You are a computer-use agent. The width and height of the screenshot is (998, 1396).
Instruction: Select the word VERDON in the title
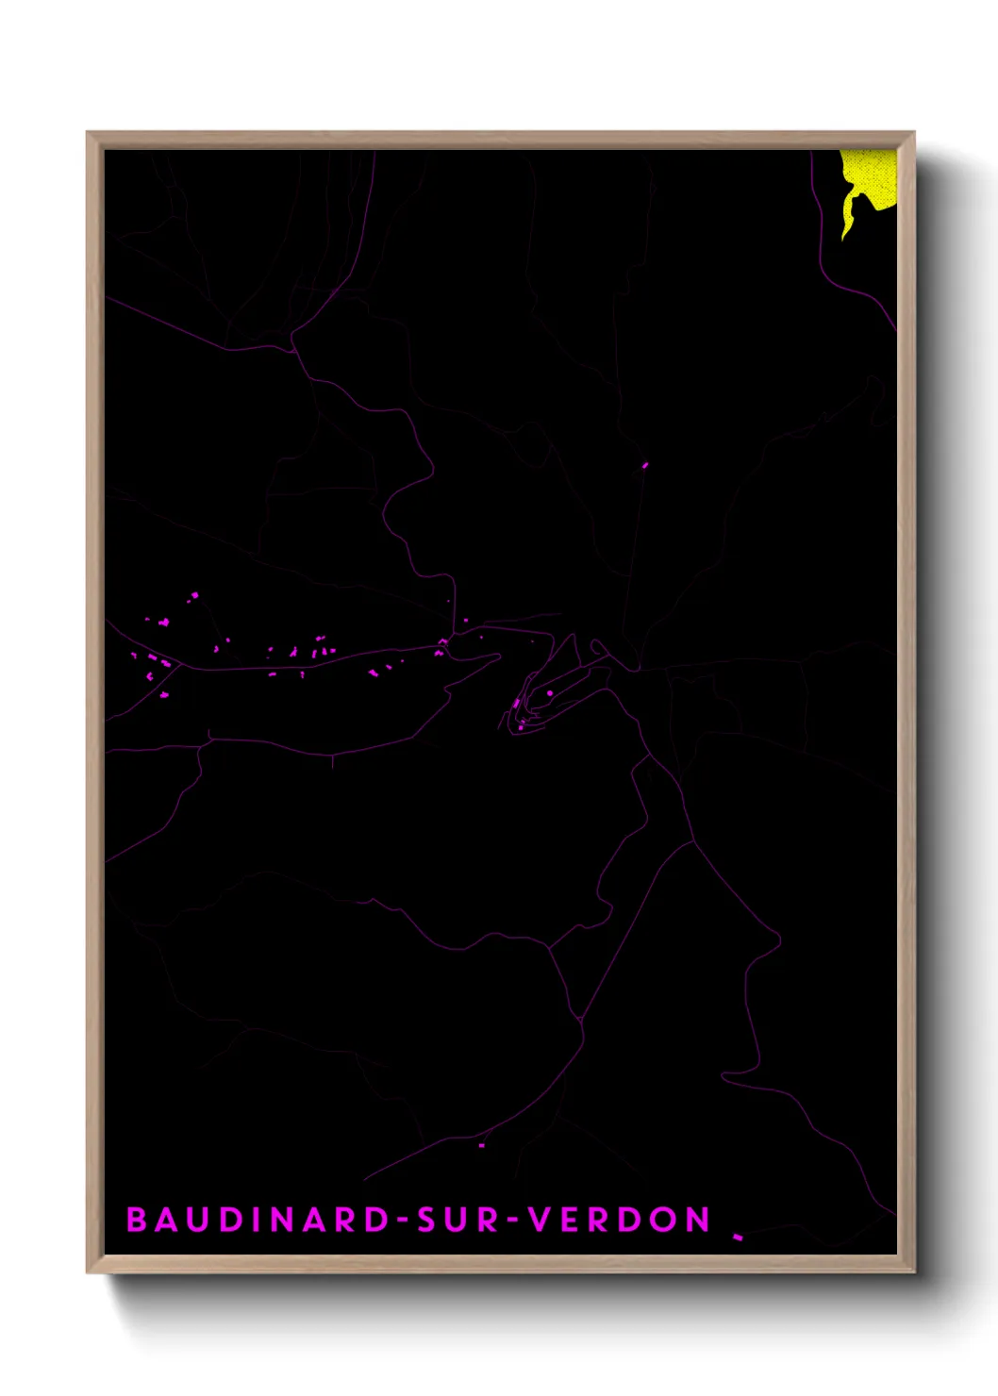(x=619, y=1220)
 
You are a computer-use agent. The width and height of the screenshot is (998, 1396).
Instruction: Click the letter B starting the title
(x=137, y=1220)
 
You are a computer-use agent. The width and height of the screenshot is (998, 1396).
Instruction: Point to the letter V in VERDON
(x=539, y=1220)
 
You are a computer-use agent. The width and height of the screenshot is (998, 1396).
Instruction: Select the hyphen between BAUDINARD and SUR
(x=402, y=1221)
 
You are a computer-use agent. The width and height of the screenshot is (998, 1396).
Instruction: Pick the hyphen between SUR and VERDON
(x=513, y=1221)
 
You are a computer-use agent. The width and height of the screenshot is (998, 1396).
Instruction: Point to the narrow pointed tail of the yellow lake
(x=846, y=229)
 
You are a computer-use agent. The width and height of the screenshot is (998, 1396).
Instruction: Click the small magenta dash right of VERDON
(x=739, y=1237)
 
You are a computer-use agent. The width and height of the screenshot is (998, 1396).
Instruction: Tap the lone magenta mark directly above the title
(x=481, y=1145)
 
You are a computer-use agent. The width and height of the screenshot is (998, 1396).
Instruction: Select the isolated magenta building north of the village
(x=645, y=464)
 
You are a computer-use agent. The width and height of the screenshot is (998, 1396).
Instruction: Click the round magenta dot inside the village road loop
(x=550, y=693)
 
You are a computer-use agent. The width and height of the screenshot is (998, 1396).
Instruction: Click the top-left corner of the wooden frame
(x=89, y=134)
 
